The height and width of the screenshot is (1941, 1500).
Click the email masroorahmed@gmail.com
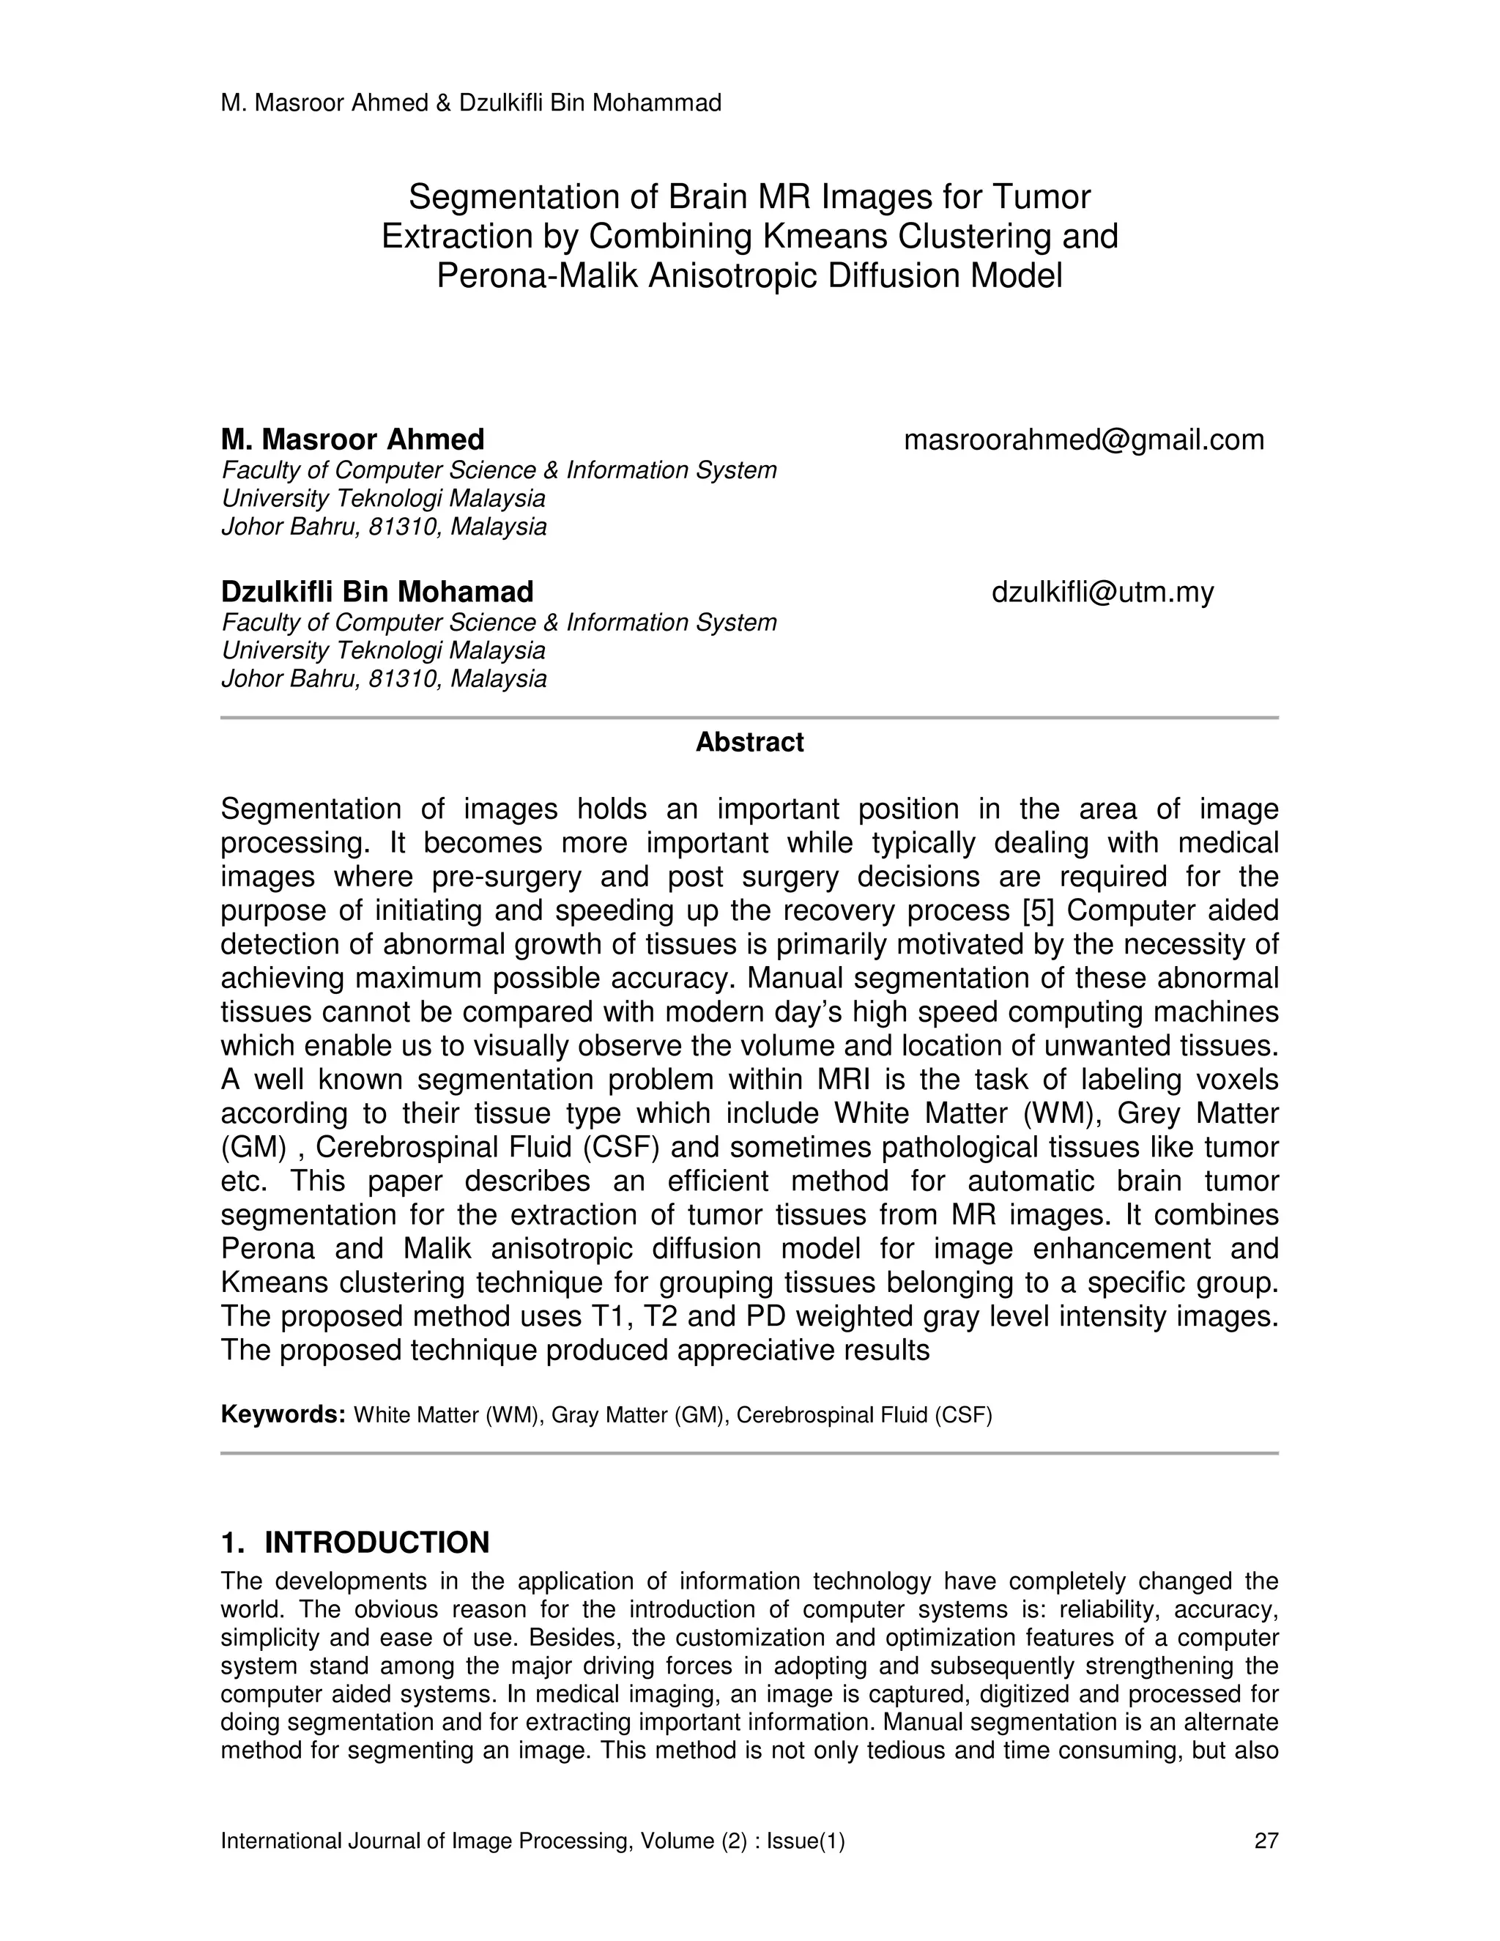(1083, 440)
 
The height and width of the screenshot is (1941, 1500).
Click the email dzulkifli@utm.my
(1102, 592)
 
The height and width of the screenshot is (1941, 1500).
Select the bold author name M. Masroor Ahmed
(353, 440)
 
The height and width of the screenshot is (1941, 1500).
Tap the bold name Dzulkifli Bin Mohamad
(376, 592)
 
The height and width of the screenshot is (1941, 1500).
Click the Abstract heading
(749, 742)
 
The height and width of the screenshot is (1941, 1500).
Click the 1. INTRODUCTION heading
(354, 1542)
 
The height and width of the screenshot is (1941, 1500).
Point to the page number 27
(1266, 1841)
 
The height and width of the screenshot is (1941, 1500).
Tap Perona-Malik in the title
(537, 276)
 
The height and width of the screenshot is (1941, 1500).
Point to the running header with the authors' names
(471, 104)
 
